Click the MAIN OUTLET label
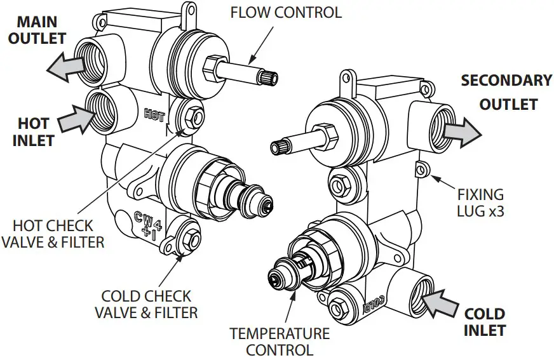(36, 30)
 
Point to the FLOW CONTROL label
(285, 12)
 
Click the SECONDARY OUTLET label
(507, 92)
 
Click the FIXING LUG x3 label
(480, 203)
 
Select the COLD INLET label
(484, 322)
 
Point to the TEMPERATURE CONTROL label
(280, 342)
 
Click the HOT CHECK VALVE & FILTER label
(53, 234)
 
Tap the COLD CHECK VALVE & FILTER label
(145, 304)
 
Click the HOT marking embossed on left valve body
(154, 115)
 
